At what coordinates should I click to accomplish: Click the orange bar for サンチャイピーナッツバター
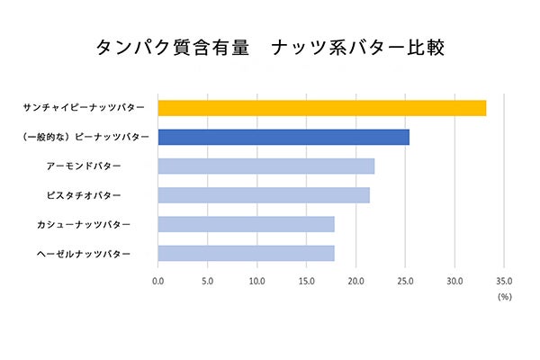pyautogui.click(x=322, y=108)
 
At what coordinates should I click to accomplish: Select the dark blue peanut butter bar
pyautogui.click(x=283, y=137)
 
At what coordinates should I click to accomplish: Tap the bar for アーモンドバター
pyautogui.click(x=265, y=166)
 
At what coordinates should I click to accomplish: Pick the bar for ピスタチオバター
pyautogui.click(x=264, y=194)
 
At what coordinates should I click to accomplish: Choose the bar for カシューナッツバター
pyautogui.click(x=246, y=224)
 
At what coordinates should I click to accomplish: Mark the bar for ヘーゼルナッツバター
pyautogui.click(x=246, y=253)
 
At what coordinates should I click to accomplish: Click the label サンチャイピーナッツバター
pyautogui.click(x=84, y=108)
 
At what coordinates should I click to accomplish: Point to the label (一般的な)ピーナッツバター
pyautogui.click(x=84, y=137)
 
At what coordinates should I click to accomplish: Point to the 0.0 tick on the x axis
pyautogui.click(x=158, y=281)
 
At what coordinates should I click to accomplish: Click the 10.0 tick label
pyautogui.click(x=257, y=281)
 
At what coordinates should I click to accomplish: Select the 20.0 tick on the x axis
pyautogui.click(x=356, y=281)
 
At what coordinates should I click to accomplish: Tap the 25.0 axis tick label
pyautogui.click(x=406, y=281)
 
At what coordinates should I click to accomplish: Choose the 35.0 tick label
pyautogui.click(x=504, y=281)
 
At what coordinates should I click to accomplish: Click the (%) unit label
pyautogui.click(x=504, y=297)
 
